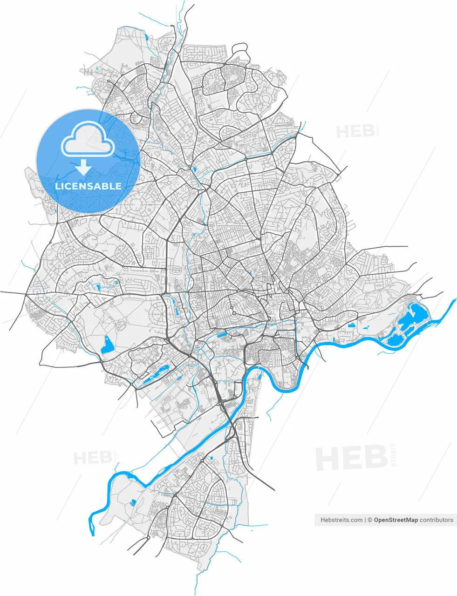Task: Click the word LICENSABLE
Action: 88,186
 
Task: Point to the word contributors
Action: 436,520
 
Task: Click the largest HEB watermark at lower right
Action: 352,458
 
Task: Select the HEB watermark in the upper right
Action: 355,131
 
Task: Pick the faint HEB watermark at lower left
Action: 93,458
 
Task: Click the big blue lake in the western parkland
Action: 107,345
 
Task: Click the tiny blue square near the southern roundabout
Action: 211,459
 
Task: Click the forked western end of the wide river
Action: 92,526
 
